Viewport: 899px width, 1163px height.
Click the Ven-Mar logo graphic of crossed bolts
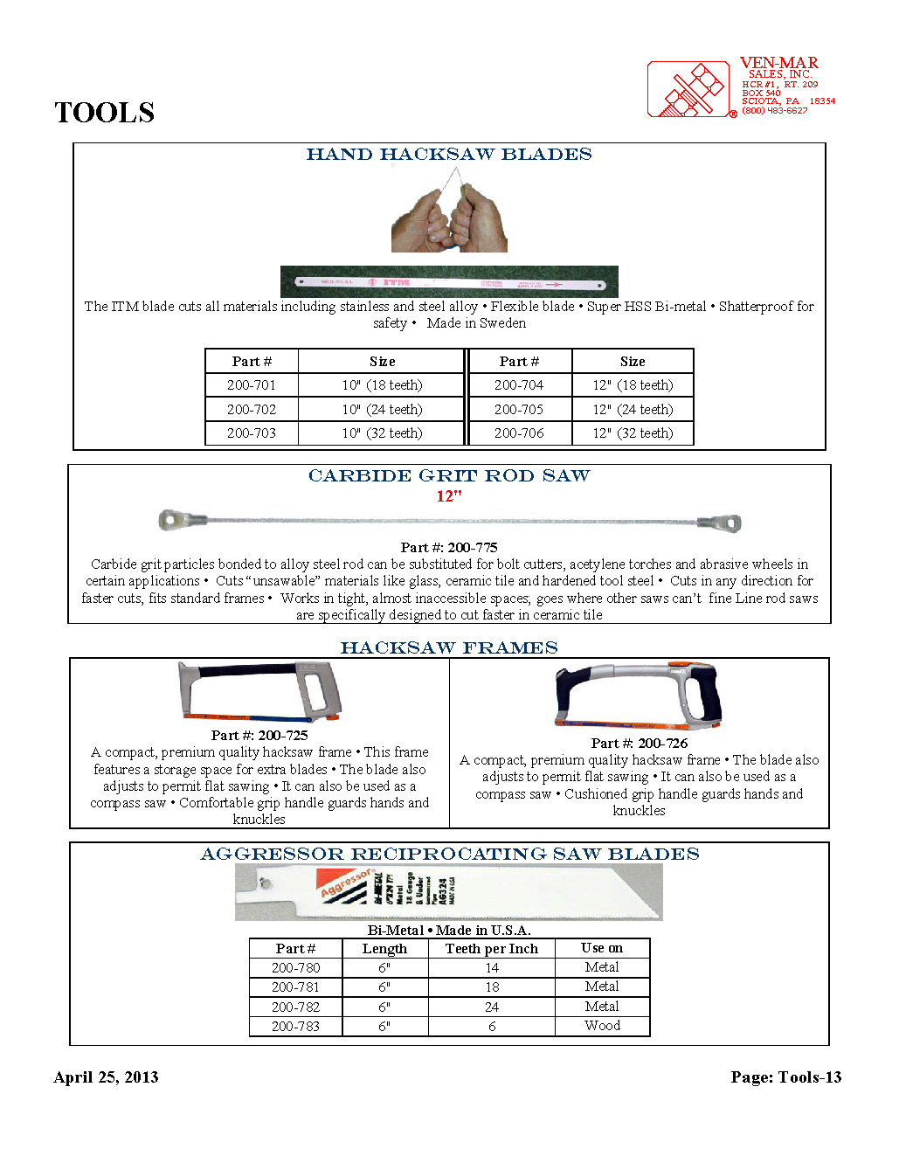click(x=688, y=89)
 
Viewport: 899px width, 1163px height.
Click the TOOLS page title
click(x=104, y=113)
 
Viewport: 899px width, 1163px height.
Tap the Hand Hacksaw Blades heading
click(x=449, y=155)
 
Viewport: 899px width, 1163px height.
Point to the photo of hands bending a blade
click(x=449, y=212)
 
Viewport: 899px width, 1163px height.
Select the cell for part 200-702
click(x=252, y=409)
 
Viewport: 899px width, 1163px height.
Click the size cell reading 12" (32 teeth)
click(x=633, y=433)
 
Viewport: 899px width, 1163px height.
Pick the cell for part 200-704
click(x=519, y=385)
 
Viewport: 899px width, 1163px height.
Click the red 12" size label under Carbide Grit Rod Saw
click(x=449, y=496)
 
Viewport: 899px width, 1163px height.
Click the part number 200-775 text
click(x=449, y=547)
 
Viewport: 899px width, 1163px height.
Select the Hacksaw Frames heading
click(x=449, y=647)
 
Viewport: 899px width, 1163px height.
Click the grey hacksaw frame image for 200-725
click(x=259, y=692)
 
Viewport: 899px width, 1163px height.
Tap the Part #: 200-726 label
click(x=639, y=744)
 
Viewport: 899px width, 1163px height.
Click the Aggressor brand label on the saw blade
click(x=346, y=884)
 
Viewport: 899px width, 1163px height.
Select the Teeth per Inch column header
click(x=492, y=949)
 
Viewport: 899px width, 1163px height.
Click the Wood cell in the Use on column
click(x=602, y=1026)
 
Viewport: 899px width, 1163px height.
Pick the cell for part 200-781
click(x=295, y=987)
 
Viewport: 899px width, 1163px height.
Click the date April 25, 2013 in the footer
click(x=106, y=1077)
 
